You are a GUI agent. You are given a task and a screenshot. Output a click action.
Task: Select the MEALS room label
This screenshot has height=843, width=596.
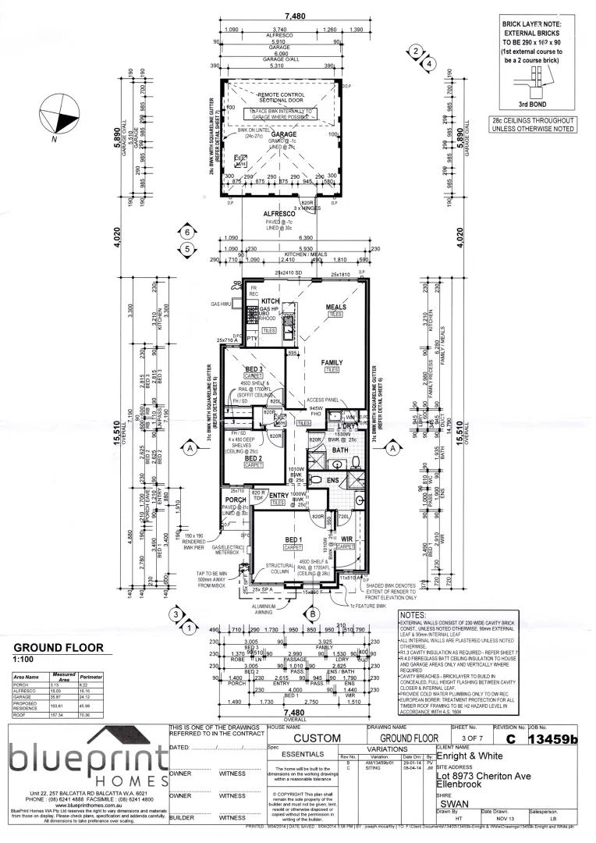[x=336, y=307]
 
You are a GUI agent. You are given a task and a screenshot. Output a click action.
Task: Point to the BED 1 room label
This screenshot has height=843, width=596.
[x=294, y=540]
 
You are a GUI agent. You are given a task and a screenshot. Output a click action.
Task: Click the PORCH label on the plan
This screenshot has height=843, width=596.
[x=236, y=500]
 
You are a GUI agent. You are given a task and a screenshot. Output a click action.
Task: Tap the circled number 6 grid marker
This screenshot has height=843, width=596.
[x=186, y=233]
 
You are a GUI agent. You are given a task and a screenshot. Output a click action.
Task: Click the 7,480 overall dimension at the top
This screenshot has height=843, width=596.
[x=296, y=16]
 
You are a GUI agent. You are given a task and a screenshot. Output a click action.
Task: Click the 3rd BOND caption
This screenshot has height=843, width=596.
[x=536, y=103]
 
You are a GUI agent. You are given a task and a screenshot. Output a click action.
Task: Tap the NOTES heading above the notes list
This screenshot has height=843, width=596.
[x=414, y=616]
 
